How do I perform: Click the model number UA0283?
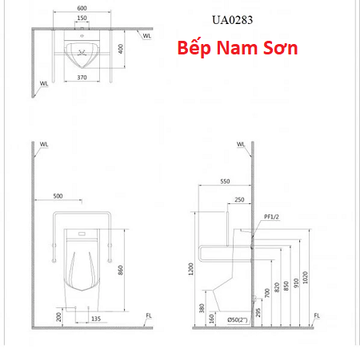(232, 20)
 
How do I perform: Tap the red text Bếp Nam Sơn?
(238, 48)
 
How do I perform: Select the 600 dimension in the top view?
(82, 8)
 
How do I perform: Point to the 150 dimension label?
(82, 18)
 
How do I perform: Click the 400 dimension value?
(121, 49)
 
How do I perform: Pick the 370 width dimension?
(82, 78)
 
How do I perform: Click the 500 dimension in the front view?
(58, 196)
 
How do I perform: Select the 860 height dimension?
(121, 270)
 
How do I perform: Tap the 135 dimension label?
(96, 319)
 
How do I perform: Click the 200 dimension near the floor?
(58, 317)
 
